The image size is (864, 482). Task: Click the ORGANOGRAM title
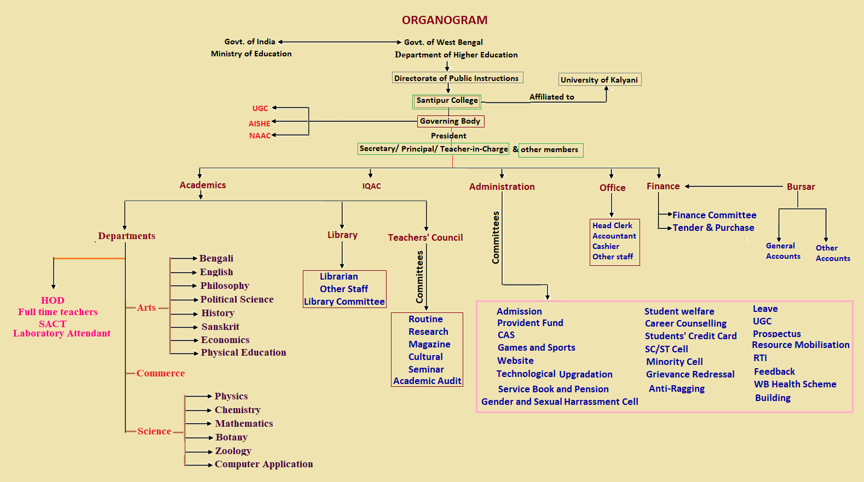point(445,20)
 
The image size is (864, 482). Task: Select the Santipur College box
point(447,101)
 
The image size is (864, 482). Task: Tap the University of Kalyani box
point(599,80)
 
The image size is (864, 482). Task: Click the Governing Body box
point(450,121)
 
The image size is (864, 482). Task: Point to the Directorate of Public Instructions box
point(457,78)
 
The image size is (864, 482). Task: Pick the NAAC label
point(260,136)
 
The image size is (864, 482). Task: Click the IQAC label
point(371,186)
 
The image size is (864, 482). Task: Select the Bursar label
point(800,187)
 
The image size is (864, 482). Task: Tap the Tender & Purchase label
point(713,228)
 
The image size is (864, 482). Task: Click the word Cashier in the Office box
point(606,246)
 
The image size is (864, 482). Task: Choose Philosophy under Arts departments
point(224,286)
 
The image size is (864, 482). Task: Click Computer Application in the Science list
point(263,464)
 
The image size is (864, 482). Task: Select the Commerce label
point(160,373)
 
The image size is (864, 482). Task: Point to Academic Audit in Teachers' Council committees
point(427,381)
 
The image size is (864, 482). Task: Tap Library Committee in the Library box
point(344,301)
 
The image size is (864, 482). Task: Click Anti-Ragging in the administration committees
point(677,388)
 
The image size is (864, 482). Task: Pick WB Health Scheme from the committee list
point(795,384)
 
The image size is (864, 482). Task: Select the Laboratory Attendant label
point(62,333)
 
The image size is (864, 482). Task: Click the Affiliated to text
point(552,97)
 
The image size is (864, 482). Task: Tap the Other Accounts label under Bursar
point(833,253)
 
